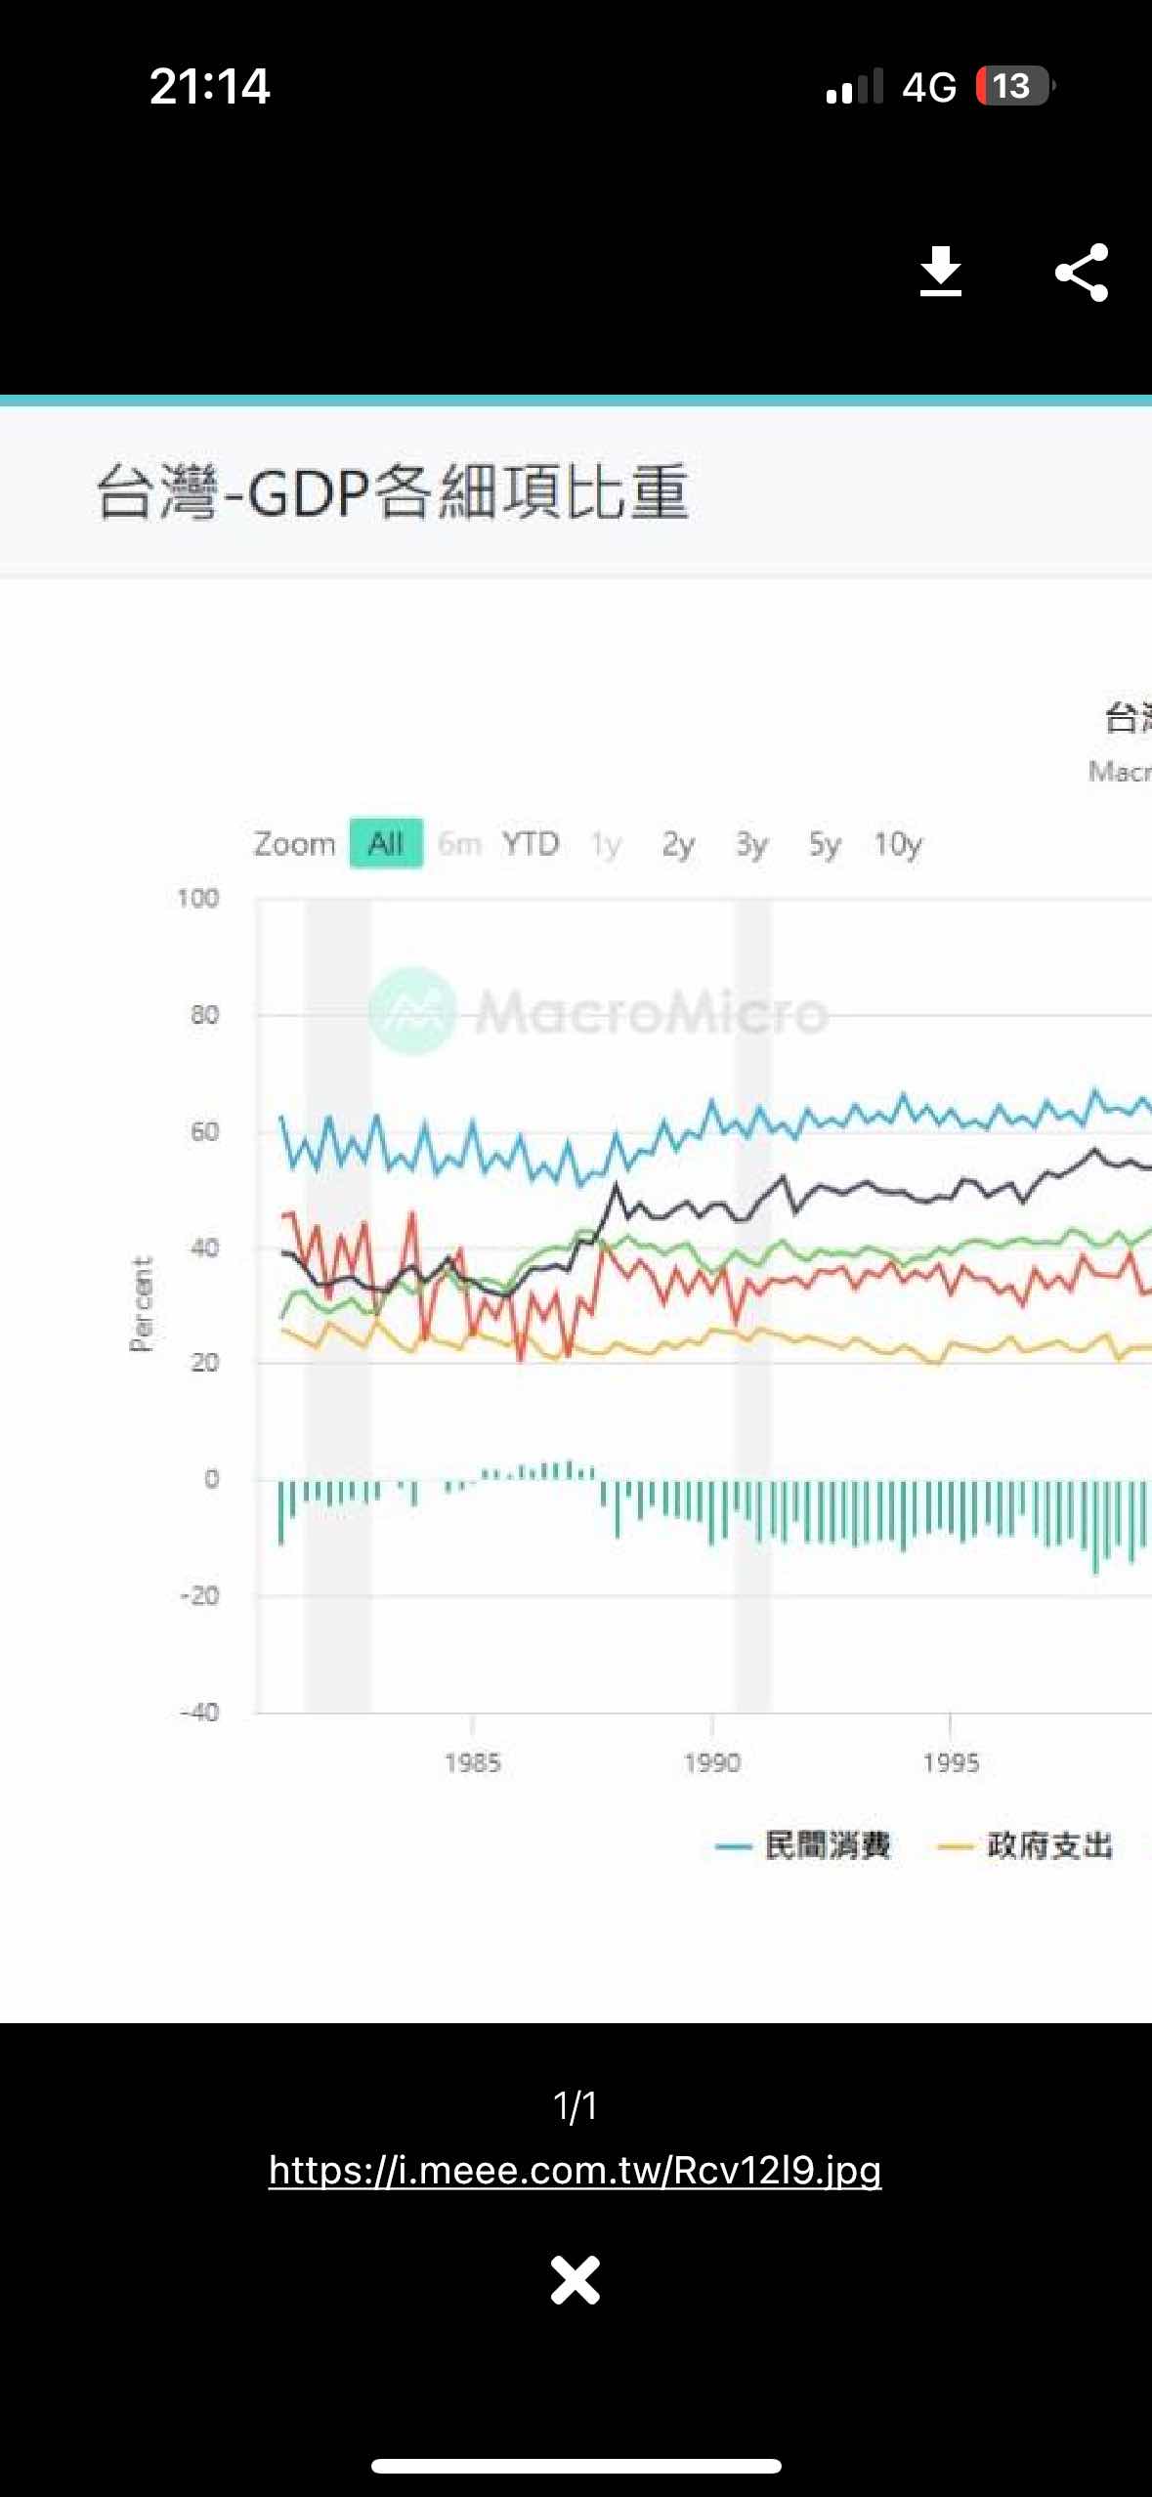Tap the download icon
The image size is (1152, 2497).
tap(940, 272)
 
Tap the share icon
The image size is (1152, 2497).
tap(1082, 273)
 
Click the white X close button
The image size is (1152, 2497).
tap(575, 2280)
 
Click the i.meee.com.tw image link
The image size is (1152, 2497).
tap(575, 2170)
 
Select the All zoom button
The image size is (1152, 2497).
tap(386, 843)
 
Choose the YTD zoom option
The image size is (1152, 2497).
tap(531, 843)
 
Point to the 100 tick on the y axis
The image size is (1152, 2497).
tap(197, 898)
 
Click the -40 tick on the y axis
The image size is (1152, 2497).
tap(199, 1712)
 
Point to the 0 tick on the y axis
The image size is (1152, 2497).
tap(211, 1479)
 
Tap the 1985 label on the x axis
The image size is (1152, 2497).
tap(472, 1762)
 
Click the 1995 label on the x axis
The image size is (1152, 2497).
tap(951, 1762)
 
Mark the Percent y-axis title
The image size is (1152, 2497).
tap(142, 1303)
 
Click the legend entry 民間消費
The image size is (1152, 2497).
tap(827, 1845)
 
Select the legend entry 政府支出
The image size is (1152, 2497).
tap(1048, 1845)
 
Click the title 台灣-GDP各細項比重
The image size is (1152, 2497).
tap(393, 491)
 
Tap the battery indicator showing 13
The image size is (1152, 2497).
tap(1014, 86)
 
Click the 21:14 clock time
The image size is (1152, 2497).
tap(209, 86)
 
